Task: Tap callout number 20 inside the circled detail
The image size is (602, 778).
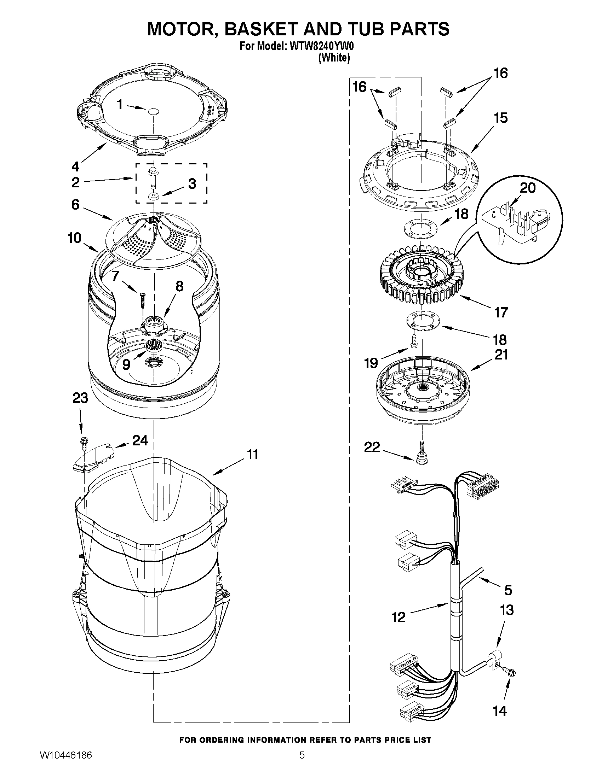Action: point(527,188)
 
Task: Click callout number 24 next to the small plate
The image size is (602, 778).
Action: point(140,441)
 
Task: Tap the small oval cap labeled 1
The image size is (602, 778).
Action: point(153,111)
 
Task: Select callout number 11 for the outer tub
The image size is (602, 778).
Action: point(253,455)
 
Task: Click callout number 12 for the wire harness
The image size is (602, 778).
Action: point(399,617)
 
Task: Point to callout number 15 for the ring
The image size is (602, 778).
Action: point(501,118)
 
